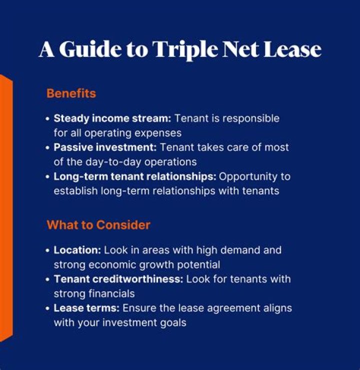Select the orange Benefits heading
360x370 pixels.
pyautogui.click(x=71, y=93)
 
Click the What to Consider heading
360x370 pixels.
pyautogui.click(x=98, y=225)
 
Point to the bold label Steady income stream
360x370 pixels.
pyautogui.click(x=112, y=119)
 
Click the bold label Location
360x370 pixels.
pyautogui.click(x=77, y=250)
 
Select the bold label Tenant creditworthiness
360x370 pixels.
pyautogui.click(x=118, y=279)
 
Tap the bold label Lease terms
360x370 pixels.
pyautogui.click(x=86, y=308)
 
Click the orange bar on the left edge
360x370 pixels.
pyautogui.click(x=5, y=207)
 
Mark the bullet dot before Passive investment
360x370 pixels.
pyautogui.click(x=48, y=148)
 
